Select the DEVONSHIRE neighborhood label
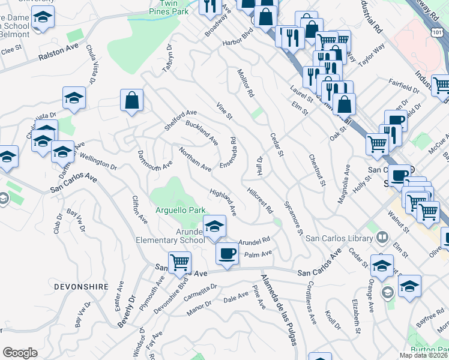[80, 287]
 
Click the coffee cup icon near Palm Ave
[227, 253]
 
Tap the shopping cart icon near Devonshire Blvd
[179, 262]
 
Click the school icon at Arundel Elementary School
[213, 226]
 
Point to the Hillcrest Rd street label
[261, 201]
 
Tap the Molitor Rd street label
[246, 83]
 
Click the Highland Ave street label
[223, 202]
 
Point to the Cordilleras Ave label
[312, 302]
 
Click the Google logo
[20, 353]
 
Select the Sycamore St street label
[294, 218]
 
